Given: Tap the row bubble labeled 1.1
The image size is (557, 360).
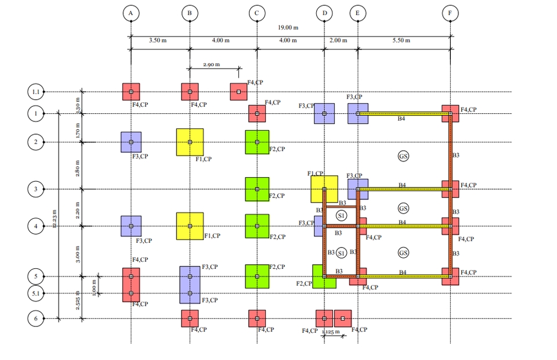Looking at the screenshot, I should [36, 92].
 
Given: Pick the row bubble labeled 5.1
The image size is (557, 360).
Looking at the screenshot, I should [36, 293].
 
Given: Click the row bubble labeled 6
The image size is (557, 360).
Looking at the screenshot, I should [36, 318].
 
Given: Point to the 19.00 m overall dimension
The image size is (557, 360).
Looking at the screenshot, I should [288, 27].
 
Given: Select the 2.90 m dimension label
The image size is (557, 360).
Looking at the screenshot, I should [211, 64].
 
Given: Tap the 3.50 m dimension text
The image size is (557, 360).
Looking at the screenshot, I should [158, 41].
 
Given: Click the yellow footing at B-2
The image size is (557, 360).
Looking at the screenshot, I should [190, 142].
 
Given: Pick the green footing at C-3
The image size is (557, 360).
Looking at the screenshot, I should [257, 189].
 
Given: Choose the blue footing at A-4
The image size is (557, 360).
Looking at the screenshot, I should [131, 226].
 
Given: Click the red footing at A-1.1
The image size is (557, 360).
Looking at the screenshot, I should [131, 92].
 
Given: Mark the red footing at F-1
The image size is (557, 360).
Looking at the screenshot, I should [450, 113].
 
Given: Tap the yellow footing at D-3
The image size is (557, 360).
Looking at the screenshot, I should [324, 189].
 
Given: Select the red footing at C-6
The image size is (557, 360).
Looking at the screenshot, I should [257, 318].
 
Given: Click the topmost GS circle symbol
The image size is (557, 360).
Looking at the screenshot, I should [403, 156].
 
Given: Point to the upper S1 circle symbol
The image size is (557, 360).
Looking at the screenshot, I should [341, 216].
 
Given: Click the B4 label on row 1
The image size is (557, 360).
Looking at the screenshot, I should [402, 119].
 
